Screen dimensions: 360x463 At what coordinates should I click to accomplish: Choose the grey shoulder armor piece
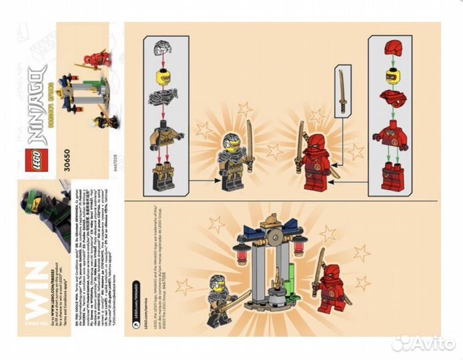(162, 98)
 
